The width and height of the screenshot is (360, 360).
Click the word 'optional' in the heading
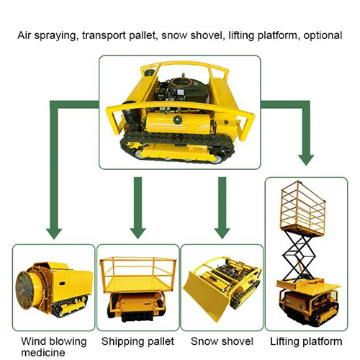[323, 36]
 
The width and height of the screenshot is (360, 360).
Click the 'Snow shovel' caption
[222, 341]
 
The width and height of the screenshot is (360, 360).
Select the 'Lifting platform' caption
[306, 341]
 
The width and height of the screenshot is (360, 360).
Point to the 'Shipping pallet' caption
[138, 341]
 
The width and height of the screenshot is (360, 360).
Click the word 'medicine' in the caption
[43, 353]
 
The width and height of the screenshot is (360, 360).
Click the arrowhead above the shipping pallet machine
[138, 233]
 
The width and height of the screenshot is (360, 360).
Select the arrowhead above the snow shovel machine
[222, 233]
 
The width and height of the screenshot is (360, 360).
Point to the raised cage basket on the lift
[303, 207]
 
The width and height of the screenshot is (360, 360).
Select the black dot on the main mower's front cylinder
[178, 120]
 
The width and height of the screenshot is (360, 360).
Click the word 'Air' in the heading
[24, 35]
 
